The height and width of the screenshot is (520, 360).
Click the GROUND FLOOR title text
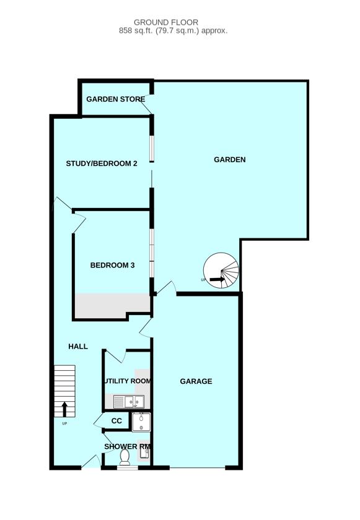175,22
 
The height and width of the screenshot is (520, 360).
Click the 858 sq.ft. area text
173,30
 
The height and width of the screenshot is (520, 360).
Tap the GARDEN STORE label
115,99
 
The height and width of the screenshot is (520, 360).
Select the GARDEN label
230,160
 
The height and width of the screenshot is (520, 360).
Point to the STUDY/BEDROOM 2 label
102,164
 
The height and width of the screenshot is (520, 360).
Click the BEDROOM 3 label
112,266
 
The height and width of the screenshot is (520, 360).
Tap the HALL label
78,347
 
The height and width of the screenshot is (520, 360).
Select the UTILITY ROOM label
128,381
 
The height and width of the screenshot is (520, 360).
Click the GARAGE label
196,381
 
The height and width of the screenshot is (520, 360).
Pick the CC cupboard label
116,422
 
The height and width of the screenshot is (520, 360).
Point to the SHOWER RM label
128,446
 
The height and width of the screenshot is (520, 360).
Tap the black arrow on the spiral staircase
216,280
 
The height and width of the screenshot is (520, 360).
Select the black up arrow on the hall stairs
64,409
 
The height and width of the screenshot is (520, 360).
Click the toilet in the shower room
125,457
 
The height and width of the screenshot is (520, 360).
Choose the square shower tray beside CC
141,422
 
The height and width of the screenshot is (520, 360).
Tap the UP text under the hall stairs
64,424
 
